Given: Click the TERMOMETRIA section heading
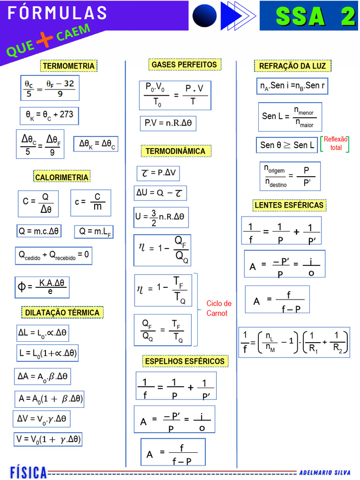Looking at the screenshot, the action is (x=68, y=66).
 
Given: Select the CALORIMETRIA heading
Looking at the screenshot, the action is (x=61, y=177).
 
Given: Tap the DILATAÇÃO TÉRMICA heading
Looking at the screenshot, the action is (x=62, y=313).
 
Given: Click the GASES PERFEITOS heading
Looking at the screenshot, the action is (x=184, y=65).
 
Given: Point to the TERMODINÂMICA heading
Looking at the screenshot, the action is (x=176, y=151).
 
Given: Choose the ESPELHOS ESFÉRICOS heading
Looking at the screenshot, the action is (x=185, y=361).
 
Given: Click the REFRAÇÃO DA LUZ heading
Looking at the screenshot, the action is (x=292, y=66).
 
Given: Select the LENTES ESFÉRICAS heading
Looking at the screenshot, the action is (x=289, y=205).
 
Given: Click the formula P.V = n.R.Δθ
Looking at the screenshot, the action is (x=168, y=123).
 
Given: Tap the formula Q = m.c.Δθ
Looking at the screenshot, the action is (x=39, y=231).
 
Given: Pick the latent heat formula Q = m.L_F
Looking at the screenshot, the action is (x=94, y=232).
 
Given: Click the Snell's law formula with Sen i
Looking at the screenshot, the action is (x=292, y=86).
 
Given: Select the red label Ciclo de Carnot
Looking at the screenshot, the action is (x=218, y=308).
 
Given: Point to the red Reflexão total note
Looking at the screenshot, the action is (x=336, y=143).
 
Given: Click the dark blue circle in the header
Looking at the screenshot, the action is (x=204, y=15).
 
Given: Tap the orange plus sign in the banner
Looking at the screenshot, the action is (x=45, y=40).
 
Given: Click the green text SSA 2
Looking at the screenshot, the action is (x=315, y=16).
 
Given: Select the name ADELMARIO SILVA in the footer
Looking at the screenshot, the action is (x=325, y=472).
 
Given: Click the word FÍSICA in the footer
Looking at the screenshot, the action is (x=29, y=472).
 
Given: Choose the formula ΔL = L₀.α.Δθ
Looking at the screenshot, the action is (x=43, y=333).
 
